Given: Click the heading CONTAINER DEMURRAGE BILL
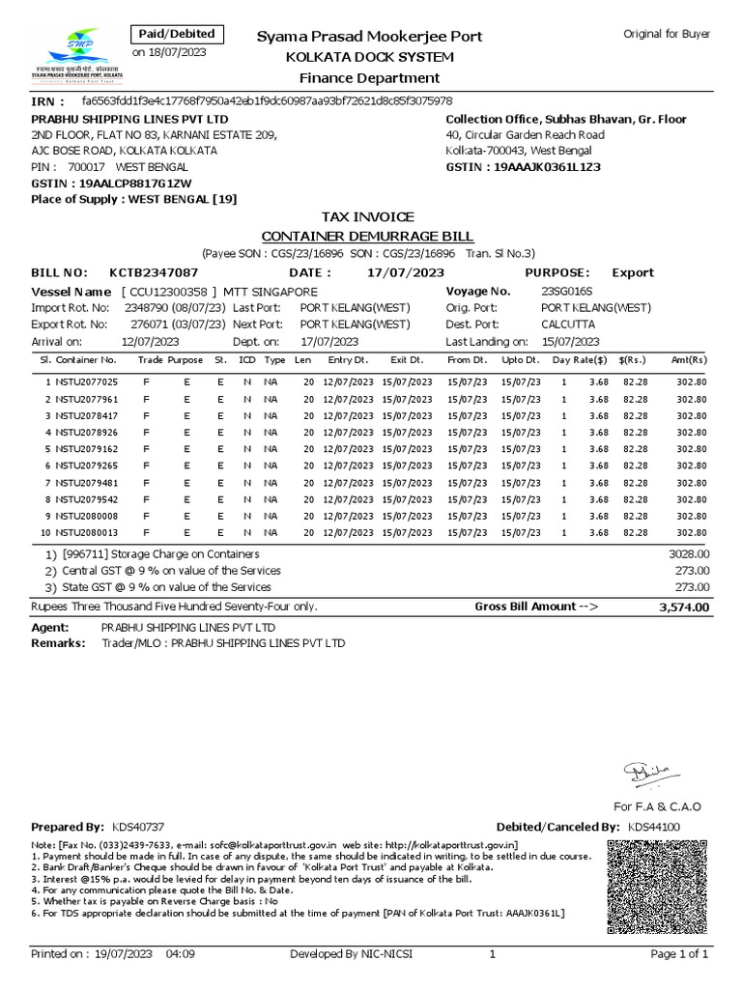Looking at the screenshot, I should click(368, 237).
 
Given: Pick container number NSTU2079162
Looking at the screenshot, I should click(86, 449).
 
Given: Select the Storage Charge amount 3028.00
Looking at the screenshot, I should click(689, 554).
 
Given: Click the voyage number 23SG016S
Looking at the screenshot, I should click(568, 292).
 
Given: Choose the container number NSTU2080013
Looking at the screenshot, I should click(86, 532).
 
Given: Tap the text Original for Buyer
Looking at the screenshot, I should click(668, 34).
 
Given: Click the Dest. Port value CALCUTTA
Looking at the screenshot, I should click(568, 325).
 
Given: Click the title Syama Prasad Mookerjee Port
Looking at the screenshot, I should click(368, 37).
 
